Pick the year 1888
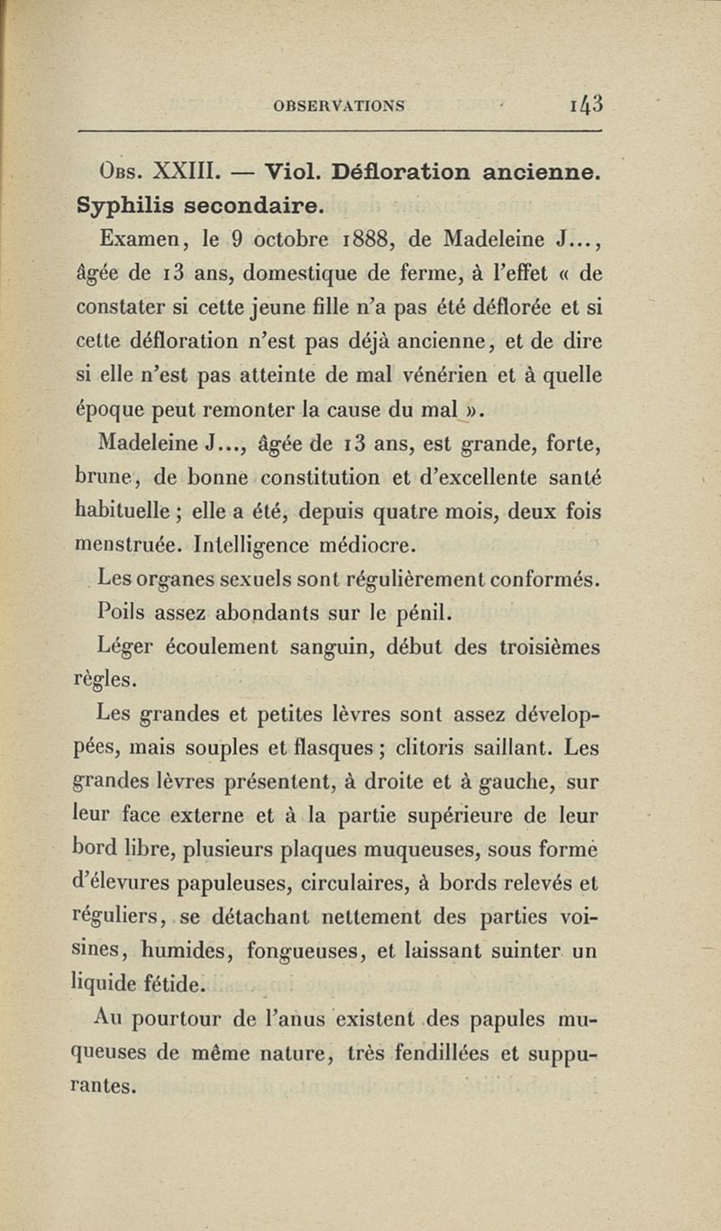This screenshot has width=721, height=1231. click(x=376, y=241)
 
